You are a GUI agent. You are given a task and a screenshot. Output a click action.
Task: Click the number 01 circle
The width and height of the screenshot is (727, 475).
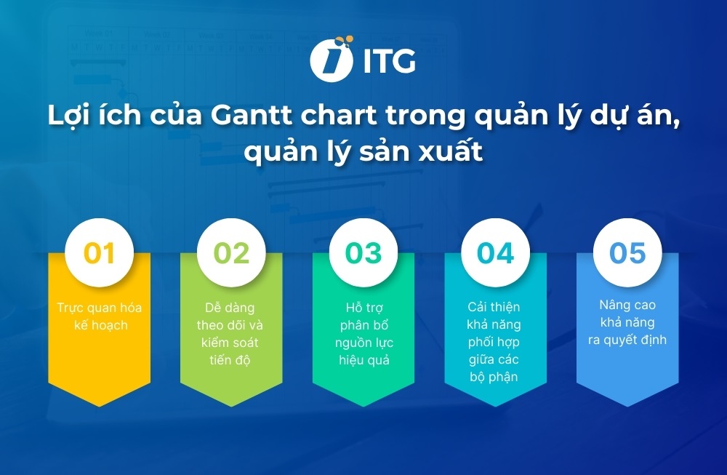pos(100,252)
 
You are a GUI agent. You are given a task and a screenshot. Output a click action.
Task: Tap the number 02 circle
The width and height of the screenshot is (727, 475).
pos(232,252)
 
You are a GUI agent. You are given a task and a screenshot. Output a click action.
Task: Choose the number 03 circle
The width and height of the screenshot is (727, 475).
pos(363,252)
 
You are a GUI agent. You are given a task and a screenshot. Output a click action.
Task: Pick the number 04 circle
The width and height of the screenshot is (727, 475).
pos(495,252)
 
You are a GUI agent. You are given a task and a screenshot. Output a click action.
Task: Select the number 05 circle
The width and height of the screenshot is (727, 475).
pos(627,252)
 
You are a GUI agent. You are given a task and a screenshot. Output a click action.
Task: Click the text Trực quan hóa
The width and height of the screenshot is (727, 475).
pos(100,307)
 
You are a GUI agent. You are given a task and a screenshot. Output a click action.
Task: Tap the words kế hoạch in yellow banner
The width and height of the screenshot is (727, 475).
pos(100,325)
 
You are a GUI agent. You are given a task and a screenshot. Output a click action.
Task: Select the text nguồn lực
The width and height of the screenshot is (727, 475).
pos(364,343)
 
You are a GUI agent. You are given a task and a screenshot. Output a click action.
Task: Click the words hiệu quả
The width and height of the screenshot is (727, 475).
pos(364,360)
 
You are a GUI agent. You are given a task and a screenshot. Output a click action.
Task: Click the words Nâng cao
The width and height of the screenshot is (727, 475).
pos(627,306)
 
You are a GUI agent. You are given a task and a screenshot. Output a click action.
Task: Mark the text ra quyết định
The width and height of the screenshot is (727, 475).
pos(627,340)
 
